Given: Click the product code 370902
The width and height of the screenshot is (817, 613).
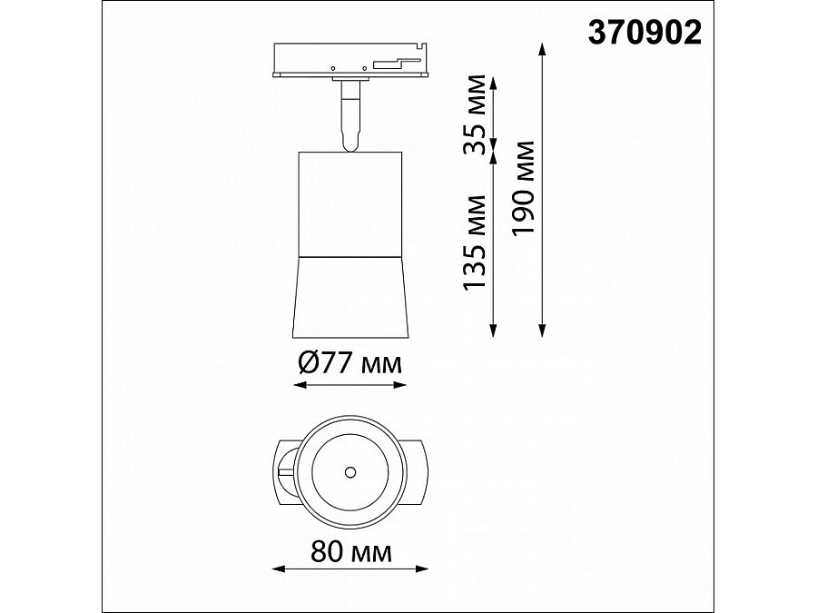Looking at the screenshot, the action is pyautogui.click(x=645, y=33).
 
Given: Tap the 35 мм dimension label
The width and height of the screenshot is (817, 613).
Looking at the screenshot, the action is pyautogui.click(x=475, y=114).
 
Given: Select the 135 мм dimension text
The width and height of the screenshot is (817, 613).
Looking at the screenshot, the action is pyautogui.click(x=474, y=242).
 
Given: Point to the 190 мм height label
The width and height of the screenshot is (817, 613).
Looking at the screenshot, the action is pyautogui.click(x=523, y=188).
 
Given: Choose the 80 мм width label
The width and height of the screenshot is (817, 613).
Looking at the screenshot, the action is pyautogui.click(x=350, y=552).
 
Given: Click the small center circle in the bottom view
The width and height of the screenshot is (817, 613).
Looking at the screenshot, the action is pyautogui.click(x=350, y=472).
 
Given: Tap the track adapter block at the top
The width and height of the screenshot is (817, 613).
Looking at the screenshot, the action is pyautogui.click(x=350, y=60).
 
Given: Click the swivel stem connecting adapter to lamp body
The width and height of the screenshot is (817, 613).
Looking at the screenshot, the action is pyautogui.click(x=350, y=115).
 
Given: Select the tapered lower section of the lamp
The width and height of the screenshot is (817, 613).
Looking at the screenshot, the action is pyautogui.click(x=350, y=297).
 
